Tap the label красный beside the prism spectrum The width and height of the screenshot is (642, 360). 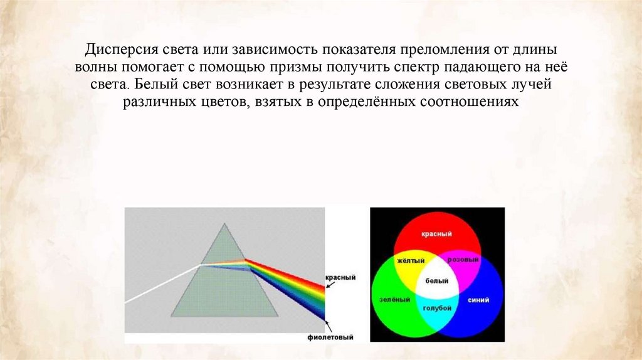(340, 277)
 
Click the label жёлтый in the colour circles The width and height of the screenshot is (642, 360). (411, 260)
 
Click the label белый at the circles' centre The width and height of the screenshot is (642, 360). (437, 282)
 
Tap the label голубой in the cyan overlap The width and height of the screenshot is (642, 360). (436, 308)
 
